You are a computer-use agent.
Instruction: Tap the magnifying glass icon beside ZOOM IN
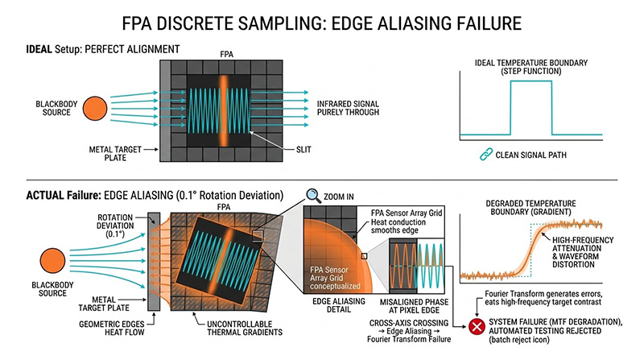click(x=313, y=196)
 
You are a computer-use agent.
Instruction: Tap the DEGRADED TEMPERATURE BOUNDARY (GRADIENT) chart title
click(x=538, y=203)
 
